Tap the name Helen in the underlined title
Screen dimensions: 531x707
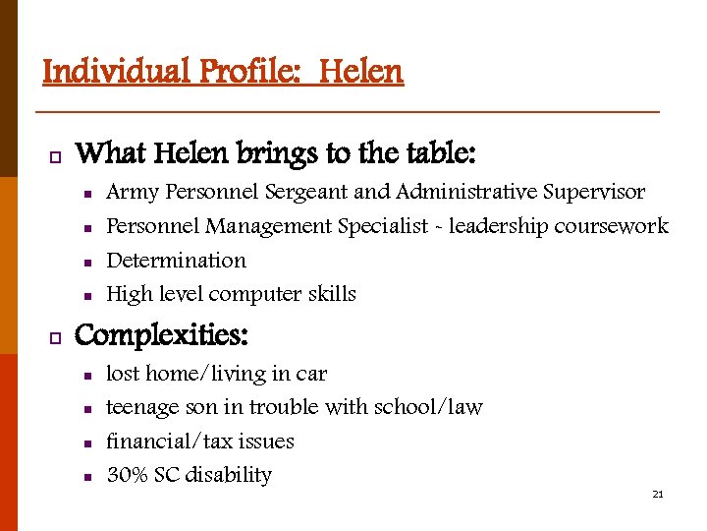click(x=361, y=72)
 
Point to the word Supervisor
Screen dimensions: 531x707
click(x=595, y=192)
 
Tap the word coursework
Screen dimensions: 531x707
click(x=611, y=226)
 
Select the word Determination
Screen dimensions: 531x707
click(x=176, y=261)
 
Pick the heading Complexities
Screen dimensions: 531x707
click(x=162, y=335)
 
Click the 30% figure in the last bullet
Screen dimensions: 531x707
click(x=127, y=475)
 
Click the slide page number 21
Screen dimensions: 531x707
click(x=658, y=494)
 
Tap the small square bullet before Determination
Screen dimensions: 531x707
click(x=86, y=263)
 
